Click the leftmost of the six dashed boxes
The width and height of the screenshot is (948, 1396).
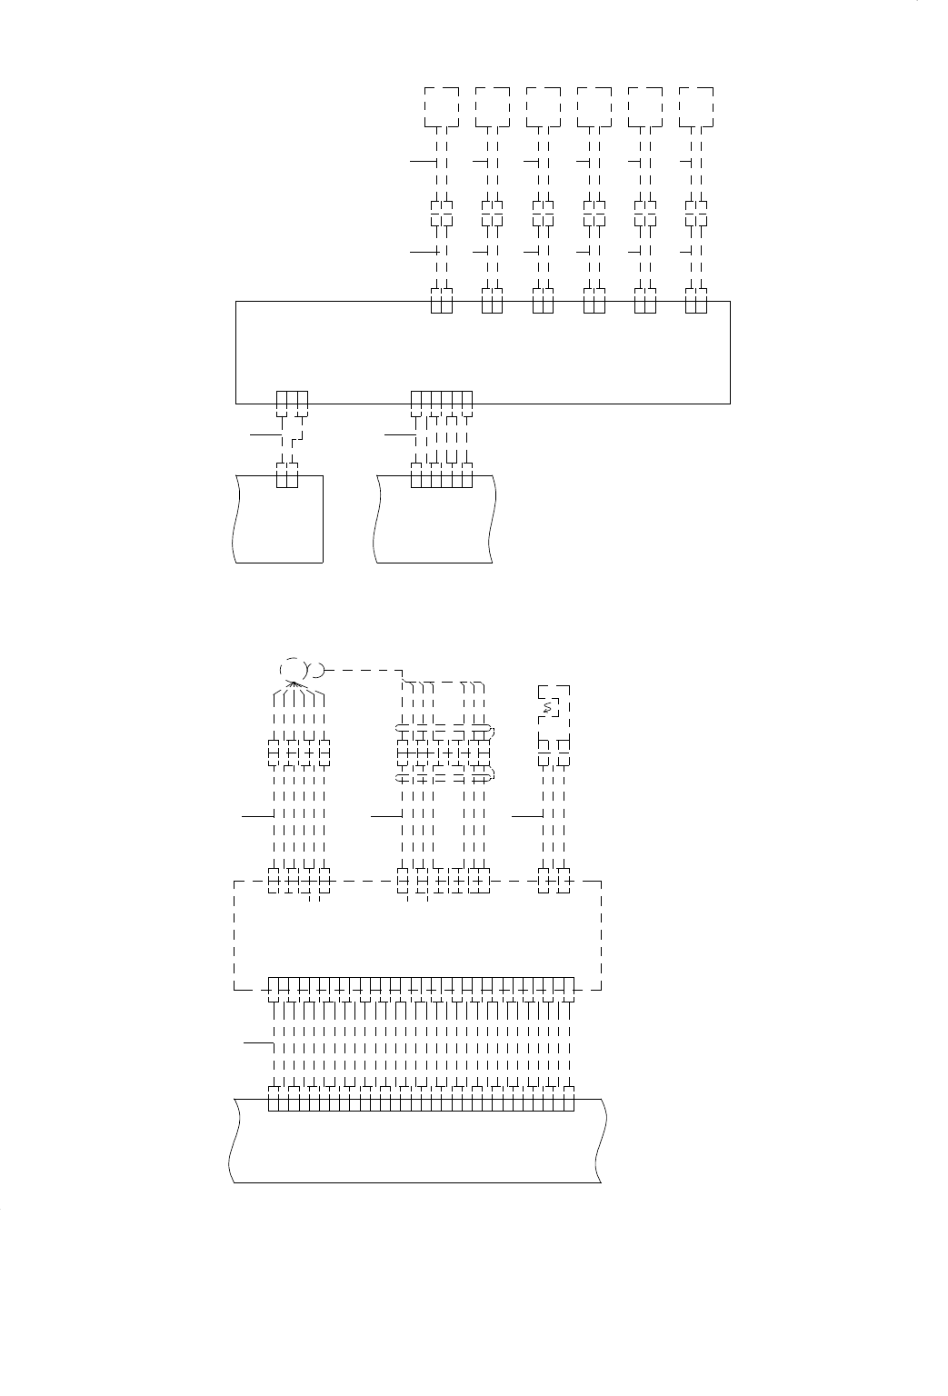click(x=442, y=107)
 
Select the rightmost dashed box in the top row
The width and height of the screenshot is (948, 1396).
click(x=696, y=107)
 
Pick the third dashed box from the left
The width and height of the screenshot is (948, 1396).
click(x=544, y=107)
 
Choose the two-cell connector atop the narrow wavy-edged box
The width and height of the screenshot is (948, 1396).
click(x=287, y=477)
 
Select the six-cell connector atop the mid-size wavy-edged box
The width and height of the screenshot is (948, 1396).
click(x=442, y=477)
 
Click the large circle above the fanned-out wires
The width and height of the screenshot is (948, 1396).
click(x=294, y=669)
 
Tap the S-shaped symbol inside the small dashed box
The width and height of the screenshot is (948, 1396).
click(x=547, y=706)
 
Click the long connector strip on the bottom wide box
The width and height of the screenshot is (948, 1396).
click(x=422, y=1102)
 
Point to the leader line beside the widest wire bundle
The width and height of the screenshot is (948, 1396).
click(x=257, y=1046)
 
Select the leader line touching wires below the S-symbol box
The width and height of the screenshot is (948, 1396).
click(x=527, y=817)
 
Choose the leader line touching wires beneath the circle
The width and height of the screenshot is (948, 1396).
click(x=257, y=817)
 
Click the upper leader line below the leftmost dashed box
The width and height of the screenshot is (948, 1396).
click(x=424, y=162)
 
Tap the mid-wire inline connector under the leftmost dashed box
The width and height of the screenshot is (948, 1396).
click(x=442, y=212)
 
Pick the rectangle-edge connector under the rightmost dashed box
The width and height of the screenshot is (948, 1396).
click(x=696, y=302)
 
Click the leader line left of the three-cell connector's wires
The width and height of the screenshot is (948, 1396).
click(x=265, y=435)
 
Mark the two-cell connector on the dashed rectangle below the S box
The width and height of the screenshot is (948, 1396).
click(x=554, y=881)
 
